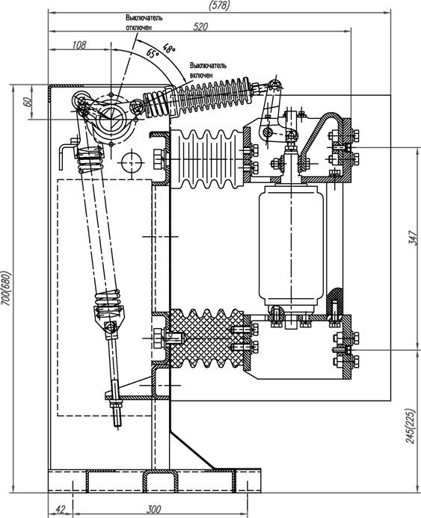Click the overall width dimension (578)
pos(219,5)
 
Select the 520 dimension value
pos(200,26)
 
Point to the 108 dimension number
pos(79,45)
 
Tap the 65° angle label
pos(153,53)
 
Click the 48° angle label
pos(169,49)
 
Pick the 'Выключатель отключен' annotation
pos(144,22)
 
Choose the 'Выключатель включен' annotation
pos(208,70)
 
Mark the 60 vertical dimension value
pos(28,102)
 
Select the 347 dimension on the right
pos(413,238)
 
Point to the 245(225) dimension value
pos(410,426)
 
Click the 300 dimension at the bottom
pos(153,509)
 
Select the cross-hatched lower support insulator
pos(207,339)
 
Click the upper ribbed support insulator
pos(207,159)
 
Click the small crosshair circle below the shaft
pos(132,163)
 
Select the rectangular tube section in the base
pos(161,481)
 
